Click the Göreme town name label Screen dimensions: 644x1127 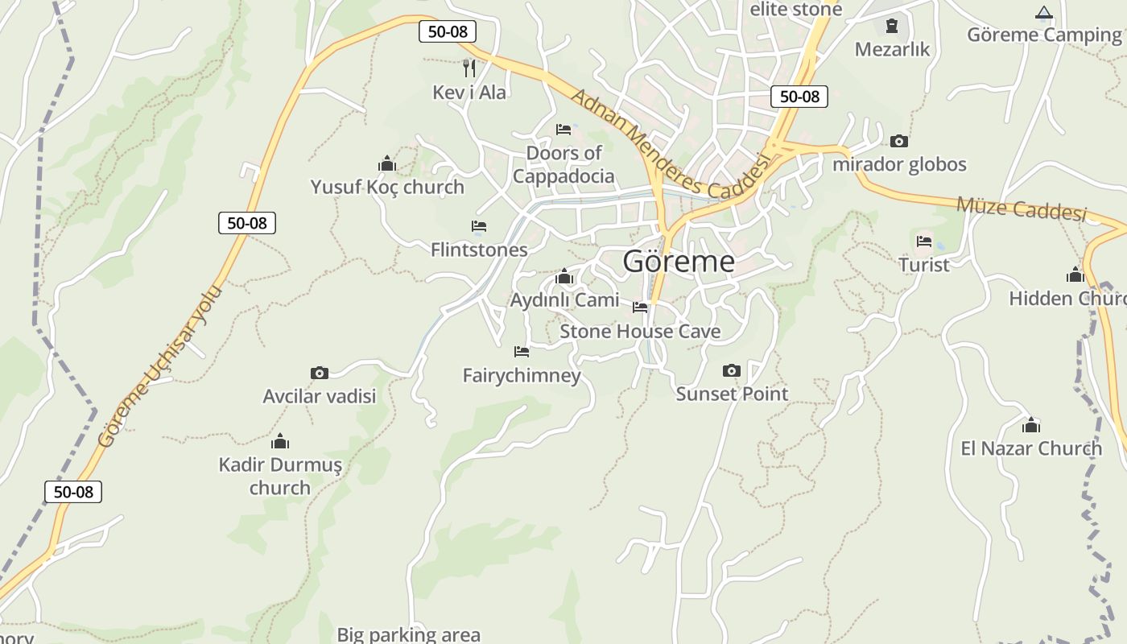[x=679, y=262]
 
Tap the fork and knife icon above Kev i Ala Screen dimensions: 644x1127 [x=469, y=68]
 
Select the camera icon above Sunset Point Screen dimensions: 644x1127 [x=731, y=370]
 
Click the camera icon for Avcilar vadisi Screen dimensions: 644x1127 [x=320, y=373]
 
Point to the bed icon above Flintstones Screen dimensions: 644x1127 [x=479, y=226]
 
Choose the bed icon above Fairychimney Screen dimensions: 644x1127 [x=522, y=352]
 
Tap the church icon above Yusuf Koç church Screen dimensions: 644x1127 [x=387, y=164]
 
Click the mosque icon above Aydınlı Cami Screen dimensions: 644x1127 [x=564, y=278]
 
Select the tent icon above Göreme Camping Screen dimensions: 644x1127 [x=1044, y=12]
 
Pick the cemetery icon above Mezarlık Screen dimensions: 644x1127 [x=891, y=26]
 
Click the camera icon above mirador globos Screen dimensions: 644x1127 [x=899, y=142]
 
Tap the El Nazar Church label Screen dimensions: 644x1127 [x=1031, y=448]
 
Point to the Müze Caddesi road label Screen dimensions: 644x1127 [x=1021, y=208]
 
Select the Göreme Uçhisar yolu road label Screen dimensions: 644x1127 [x=159, y=366]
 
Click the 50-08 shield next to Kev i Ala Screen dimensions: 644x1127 [x=448, y=31]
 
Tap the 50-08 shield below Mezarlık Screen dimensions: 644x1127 [x=799, y=97]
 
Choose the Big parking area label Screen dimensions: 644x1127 [x=408, y=634]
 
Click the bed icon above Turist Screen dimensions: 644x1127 [x=923, y=242]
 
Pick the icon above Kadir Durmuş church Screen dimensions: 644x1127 [x=280, y=441]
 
